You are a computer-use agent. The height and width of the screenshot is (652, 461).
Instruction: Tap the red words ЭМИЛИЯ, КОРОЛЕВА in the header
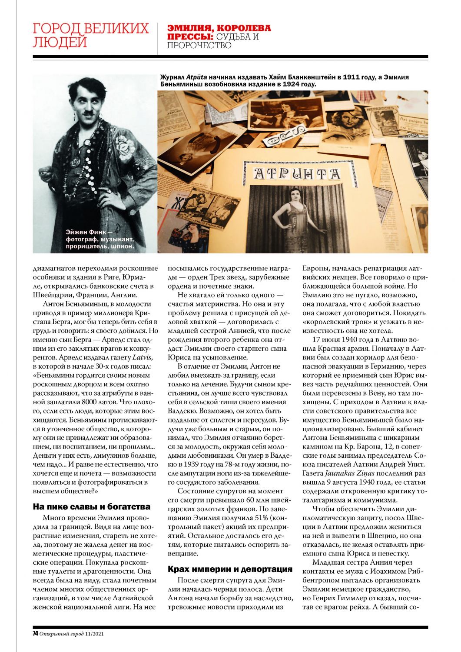(219, 28)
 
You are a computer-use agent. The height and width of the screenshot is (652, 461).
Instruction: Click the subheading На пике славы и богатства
(92, 506)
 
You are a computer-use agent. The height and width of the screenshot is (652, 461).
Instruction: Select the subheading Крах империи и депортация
(230, 569)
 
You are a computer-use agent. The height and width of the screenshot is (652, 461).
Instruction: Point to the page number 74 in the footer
(36, 633)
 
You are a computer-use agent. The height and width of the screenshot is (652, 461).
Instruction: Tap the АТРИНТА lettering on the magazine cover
(297, 174)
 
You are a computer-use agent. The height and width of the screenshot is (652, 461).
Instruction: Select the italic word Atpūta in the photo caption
(196, 77)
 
